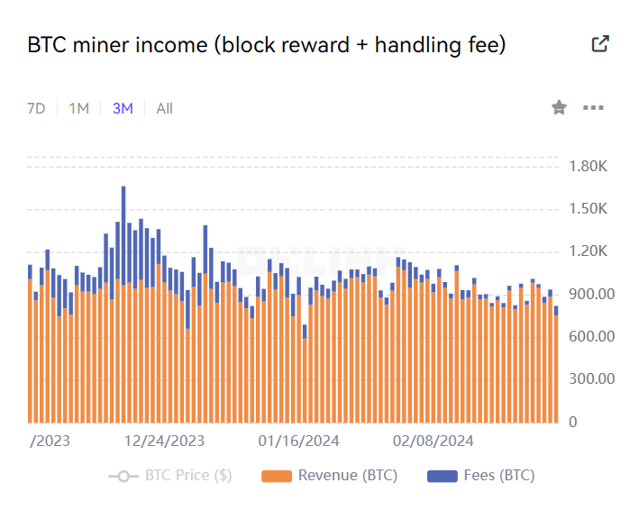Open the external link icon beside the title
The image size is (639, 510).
coord(600,44)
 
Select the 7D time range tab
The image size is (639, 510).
coord(36,108)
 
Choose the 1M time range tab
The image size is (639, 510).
coord(79,108)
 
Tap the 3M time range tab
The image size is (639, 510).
coord(123,108)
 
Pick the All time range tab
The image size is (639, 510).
coord(164,108)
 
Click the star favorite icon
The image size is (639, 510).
coord(559,108)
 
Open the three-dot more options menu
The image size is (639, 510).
coord(593,108)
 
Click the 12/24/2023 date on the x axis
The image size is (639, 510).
coord(164,441)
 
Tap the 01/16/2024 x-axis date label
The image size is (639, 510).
coord(298,441)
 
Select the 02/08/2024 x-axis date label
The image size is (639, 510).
coord(434,441)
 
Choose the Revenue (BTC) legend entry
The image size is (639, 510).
coord(330,476)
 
